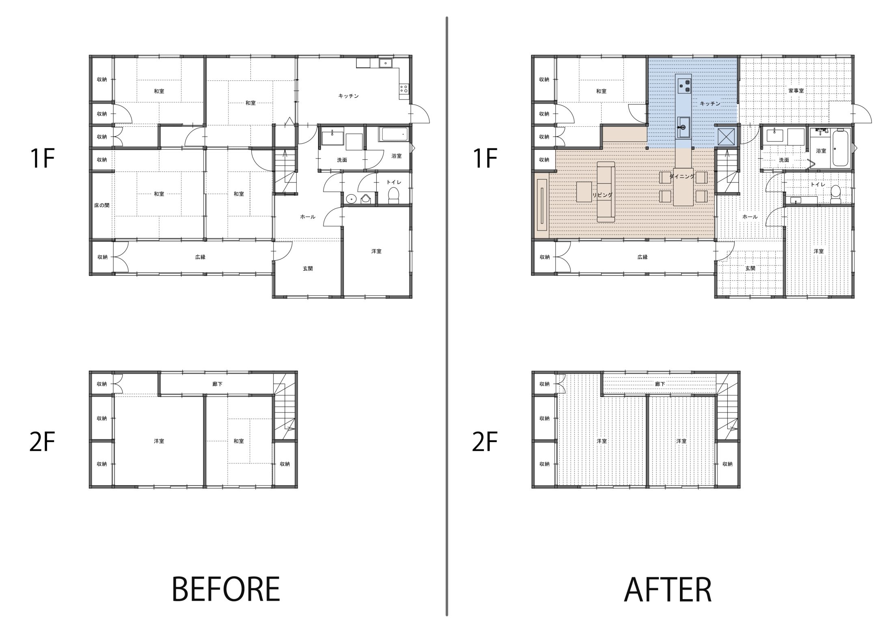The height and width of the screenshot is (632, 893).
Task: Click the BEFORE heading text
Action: point(226,589)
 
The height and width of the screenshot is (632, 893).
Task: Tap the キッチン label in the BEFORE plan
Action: point(349,96)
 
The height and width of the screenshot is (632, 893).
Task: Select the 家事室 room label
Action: point(796,91)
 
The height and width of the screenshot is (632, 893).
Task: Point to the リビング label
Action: point(603,195)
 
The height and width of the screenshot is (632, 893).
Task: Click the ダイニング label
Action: point(682,176)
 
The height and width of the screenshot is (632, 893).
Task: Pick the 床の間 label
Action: point(102,205)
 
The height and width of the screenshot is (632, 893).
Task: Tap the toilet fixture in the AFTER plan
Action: point(835,195)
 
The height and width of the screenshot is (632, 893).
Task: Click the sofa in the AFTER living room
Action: point(606,192)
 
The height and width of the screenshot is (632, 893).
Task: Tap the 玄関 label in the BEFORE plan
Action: point(308,268)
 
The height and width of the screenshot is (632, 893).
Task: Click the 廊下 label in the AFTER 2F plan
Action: point(660,384)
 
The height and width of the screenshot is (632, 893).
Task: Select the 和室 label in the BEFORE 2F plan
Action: point(239,441)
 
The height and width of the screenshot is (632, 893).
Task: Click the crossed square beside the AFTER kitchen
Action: point(725,136)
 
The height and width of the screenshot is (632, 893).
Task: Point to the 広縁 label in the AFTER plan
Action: point(643,257)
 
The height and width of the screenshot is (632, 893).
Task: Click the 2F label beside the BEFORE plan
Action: point(42,442)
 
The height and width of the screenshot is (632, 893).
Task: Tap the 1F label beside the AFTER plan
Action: point(485,158)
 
